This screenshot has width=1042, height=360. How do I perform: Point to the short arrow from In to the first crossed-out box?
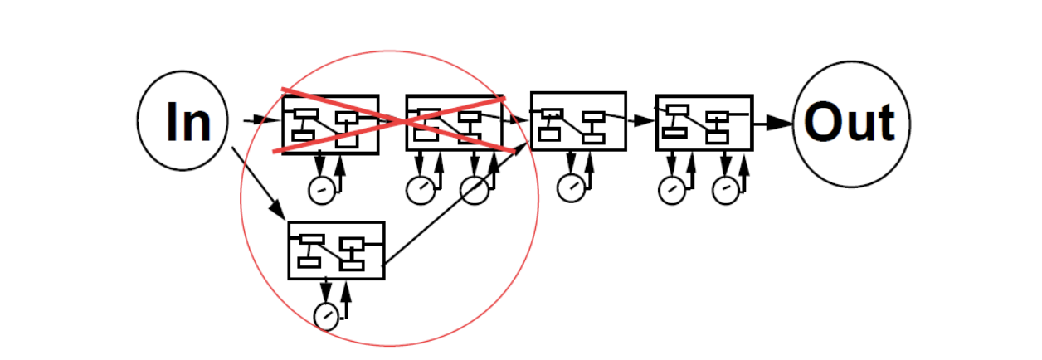(x=262, y=120)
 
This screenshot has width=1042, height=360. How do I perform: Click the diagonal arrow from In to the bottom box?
(x=259, y=183)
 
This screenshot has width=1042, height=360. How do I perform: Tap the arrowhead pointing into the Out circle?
(x=780, y=124)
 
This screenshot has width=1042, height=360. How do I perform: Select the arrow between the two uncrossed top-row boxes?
(x=641, y=120)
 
